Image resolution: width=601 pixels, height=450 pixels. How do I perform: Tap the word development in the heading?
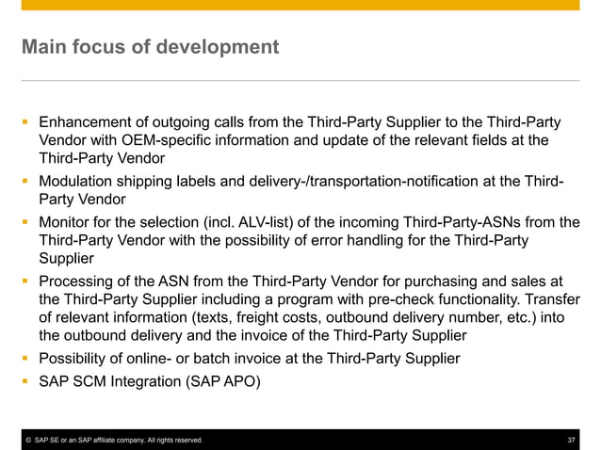[x=222, y=46]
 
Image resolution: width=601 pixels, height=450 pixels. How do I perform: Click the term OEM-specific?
[x=152, y=140]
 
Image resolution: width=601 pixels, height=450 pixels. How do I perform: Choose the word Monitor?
[x=67, y=222]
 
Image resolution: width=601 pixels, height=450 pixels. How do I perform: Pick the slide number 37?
[x=571, y=441]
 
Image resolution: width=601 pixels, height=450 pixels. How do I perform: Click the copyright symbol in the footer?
[x=29, y=441]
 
